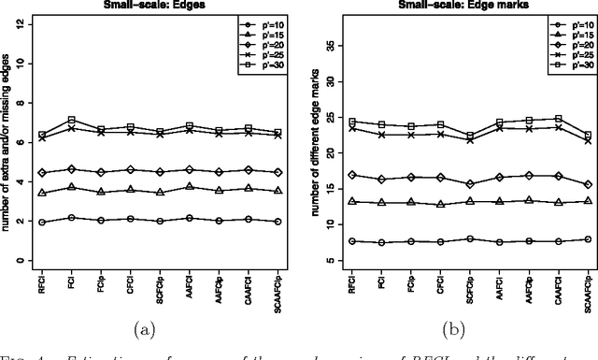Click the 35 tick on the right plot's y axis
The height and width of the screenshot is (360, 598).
tap(320, 45)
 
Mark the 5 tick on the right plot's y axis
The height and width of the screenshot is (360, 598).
tap(320, 260)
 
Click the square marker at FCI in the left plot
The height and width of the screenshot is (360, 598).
tap(71, 120)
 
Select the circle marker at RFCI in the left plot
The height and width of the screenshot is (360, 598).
tap(41, 223)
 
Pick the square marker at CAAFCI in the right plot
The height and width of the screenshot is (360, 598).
tap(558, 119)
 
